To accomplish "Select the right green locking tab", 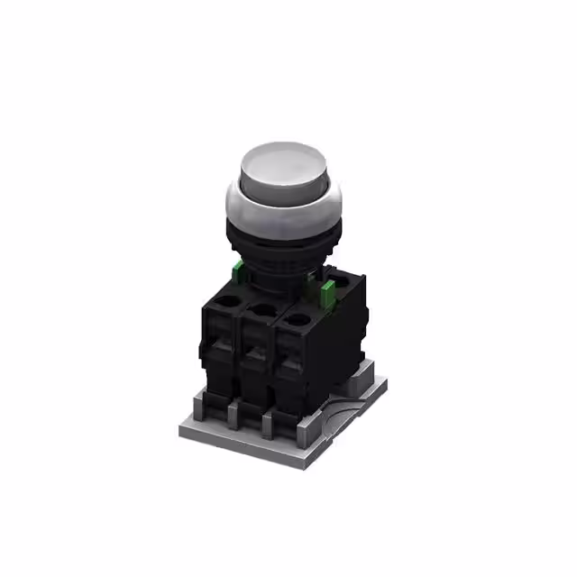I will click(x=327, y=291).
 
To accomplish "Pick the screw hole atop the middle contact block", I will click(x=262, y=312).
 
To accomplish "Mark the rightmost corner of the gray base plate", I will click(x=387, y=384).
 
